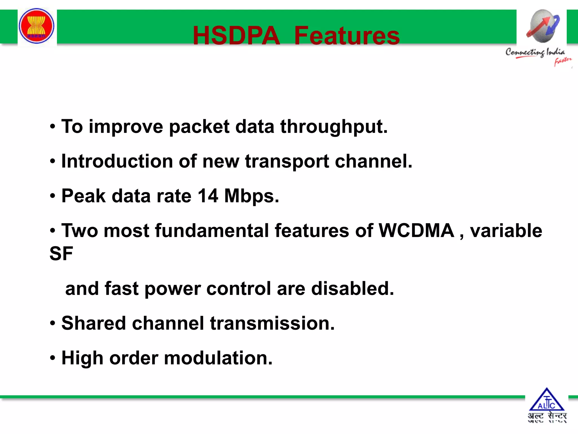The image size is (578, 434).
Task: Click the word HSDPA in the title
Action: pos(236,36)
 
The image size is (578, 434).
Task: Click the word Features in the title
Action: pos(347,36)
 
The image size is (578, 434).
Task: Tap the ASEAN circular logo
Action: pos(36,26)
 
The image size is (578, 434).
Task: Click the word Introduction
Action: pos(117,161)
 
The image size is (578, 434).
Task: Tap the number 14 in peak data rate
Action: pos(208,196)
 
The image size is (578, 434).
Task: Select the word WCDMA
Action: pos(416,231)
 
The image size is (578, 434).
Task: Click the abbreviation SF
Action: pos(61,253)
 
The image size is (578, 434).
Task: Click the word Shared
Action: pos(93,323)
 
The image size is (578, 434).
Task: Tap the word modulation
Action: pos(218,358)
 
